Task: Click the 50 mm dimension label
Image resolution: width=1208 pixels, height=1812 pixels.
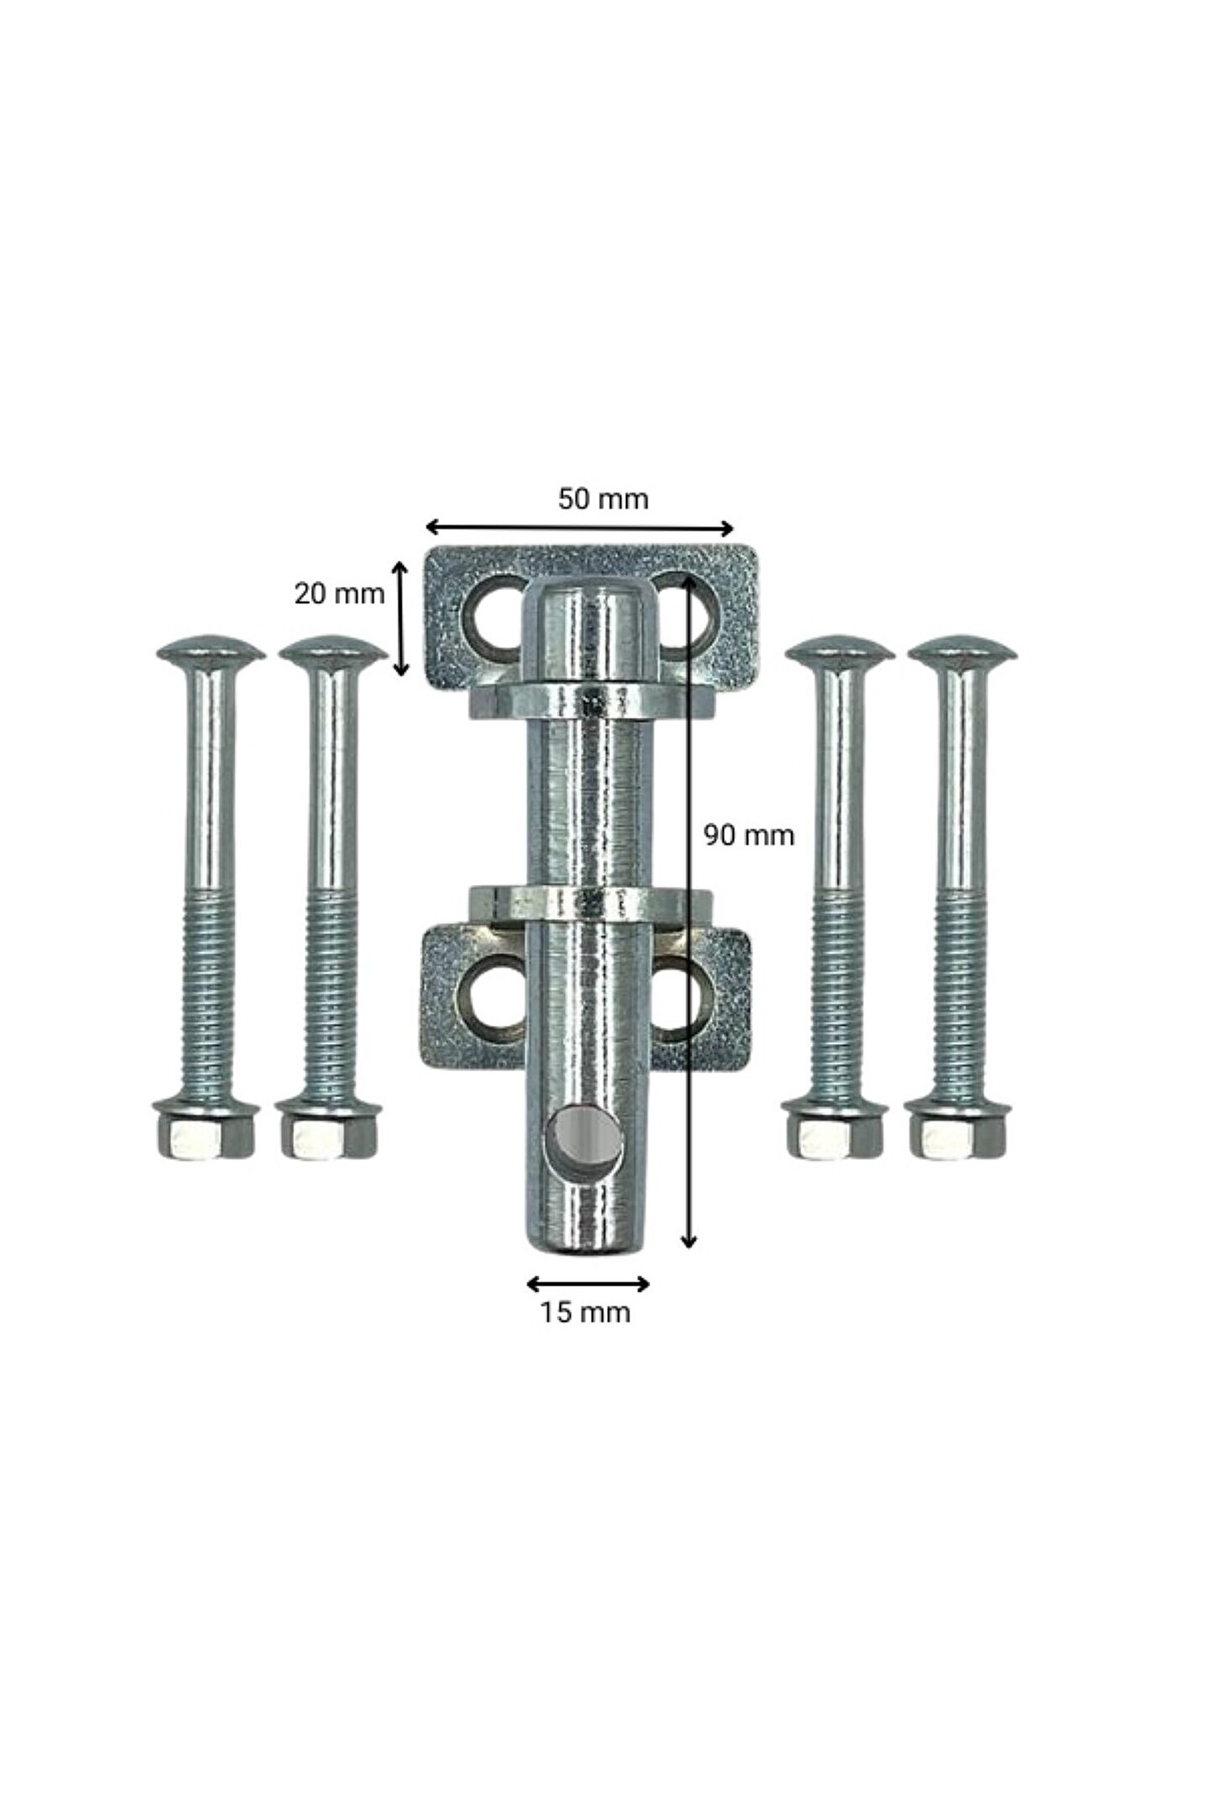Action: point(603,499)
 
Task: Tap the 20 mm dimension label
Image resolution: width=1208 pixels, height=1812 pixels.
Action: point(339,594)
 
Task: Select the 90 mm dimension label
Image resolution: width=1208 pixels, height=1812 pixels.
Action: point(748,836)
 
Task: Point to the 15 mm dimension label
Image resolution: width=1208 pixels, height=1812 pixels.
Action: point(584,1312)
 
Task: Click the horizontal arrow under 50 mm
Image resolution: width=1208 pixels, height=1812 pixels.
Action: point(580,528)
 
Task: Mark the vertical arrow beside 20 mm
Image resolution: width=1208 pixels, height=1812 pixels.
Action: point(402,619)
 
